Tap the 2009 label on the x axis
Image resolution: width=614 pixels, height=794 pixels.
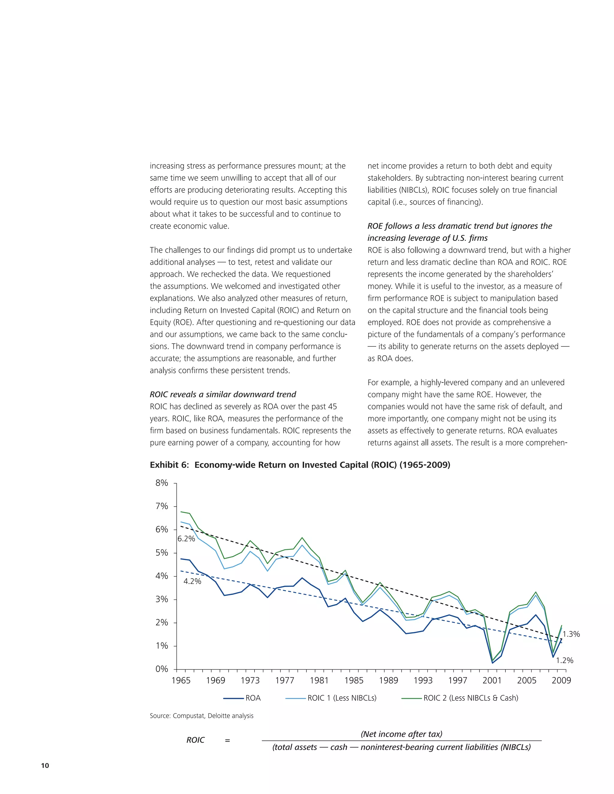point(561,680)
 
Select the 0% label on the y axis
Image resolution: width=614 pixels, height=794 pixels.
point(162,669)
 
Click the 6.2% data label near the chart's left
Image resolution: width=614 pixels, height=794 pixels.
point(186,539)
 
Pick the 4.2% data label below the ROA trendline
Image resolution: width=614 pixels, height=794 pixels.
point(192,581)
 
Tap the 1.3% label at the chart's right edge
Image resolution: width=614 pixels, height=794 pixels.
point(571,634)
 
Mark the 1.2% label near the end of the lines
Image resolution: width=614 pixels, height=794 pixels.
point(565,661)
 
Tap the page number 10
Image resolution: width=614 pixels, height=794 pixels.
point(45,766)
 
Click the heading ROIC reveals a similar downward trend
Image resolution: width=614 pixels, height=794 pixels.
point(223,395)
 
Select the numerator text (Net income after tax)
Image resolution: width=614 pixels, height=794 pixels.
point(401,734)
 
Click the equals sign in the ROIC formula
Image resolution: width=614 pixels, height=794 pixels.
point(227,740)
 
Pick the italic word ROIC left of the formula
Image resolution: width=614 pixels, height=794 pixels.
point(195,740)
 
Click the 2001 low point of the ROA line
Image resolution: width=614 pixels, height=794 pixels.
point(493,663)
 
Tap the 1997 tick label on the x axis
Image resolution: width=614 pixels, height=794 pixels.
point(458,680)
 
